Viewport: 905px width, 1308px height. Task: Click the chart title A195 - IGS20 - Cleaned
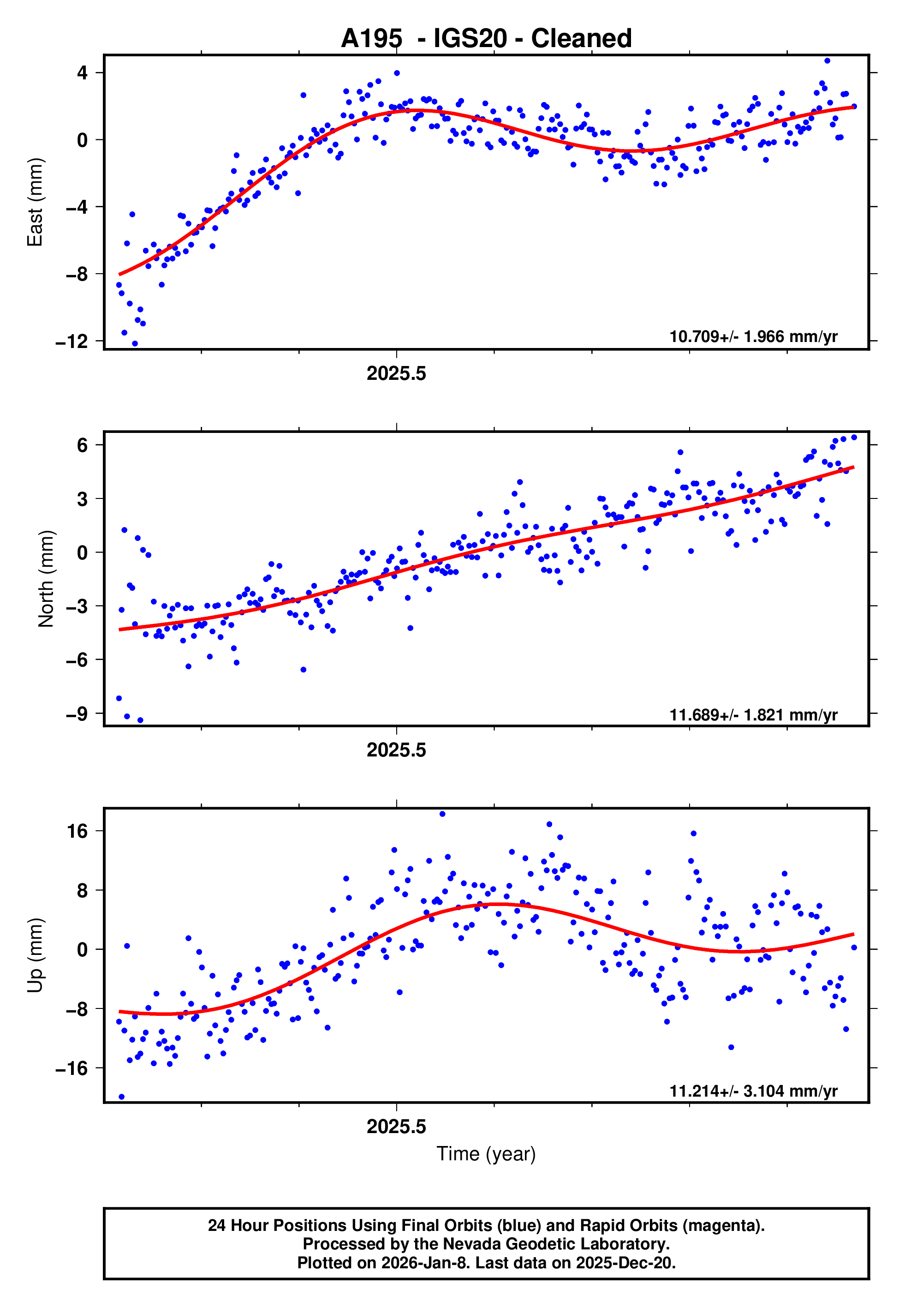pyautogui.click(x=486, y=39)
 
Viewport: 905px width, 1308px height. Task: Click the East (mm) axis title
pyautogui.click(x=35, y=203)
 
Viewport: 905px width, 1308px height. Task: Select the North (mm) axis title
pyautogui.click(x=46, y=579)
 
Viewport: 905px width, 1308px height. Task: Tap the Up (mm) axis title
pyautogui.click(x=35, y=956)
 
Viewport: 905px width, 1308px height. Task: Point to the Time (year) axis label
pyautogui.click(x=486, y=1154)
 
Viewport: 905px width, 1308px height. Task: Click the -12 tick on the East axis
pyautogui.click(x=71, y=342)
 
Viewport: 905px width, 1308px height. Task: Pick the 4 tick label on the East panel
pyautogui.click(x=83, y=73)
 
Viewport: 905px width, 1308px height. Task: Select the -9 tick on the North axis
pyautogui.click(x=77, y=714)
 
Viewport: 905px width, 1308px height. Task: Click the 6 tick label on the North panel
pyautogui.click(x=83, y=445)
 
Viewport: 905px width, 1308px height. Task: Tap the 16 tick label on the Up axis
pyautogui.click(x=77, y=832)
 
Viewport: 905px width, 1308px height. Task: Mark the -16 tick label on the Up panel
pyautogui.click(x=71, y=1068)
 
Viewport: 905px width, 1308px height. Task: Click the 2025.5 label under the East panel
pyautogui.click(x=396, y=374)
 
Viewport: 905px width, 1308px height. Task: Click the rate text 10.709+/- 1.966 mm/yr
pyautogui.click(x=753, y=337)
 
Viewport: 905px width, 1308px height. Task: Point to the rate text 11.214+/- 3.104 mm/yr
pyautogui.click(x=753, y=1092)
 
